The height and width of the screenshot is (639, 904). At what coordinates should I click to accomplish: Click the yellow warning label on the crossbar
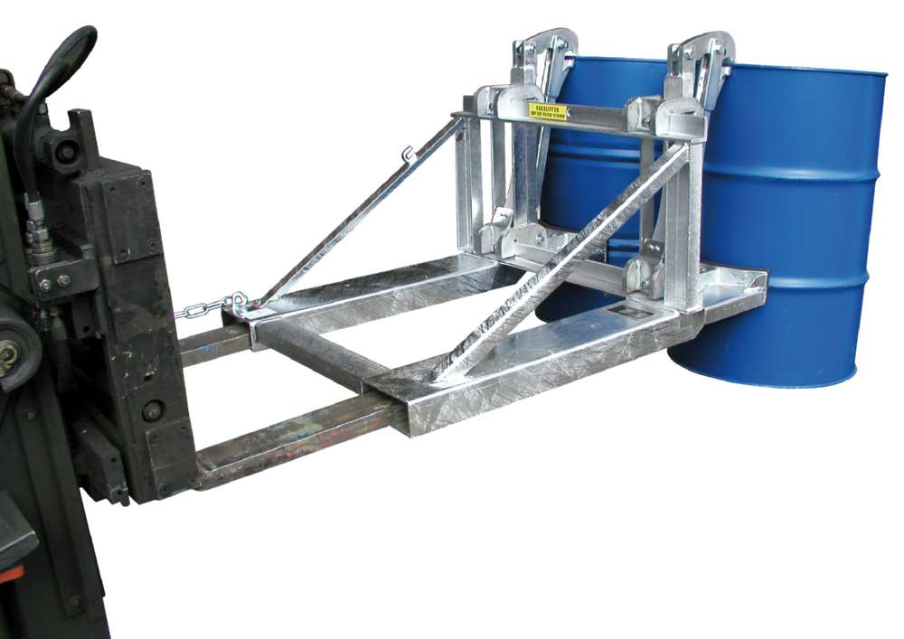548,110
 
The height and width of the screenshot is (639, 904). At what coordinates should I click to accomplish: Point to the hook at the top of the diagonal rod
410,155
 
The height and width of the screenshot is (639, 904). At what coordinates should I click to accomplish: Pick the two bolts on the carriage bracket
54,282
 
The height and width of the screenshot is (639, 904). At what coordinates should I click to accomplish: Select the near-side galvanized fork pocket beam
542,362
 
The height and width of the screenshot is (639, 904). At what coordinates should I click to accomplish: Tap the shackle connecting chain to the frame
237,301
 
